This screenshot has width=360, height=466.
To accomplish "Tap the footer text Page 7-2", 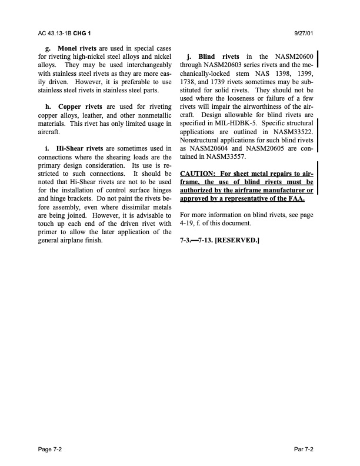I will [x=49, y=449].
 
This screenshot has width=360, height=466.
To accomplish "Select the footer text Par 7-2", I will [x=304, y=449].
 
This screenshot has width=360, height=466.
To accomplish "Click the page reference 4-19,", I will [x=189, y=224].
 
